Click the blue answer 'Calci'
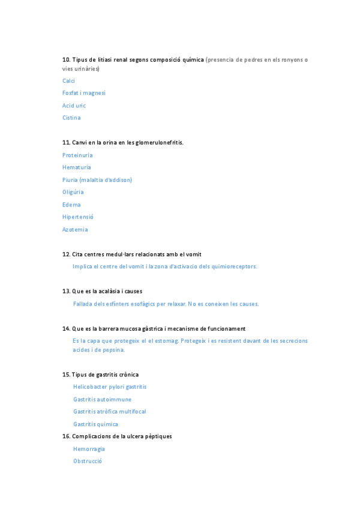pos(68,81)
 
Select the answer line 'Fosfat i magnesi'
pos(84,93)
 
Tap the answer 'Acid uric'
pos(74,106)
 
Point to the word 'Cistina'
pos(71,118)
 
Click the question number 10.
pos(66,59)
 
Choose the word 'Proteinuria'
pos(77,155)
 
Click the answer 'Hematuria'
pos(77,167)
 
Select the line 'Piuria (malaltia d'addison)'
pos(97,180)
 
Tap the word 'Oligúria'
pos(73,192)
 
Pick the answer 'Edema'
pos(71,205)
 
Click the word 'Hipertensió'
pos(78,217)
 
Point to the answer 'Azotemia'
pos(75,229)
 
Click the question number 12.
pos(66,254)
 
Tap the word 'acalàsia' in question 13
pos(103,291)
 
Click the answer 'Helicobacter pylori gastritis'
pos(110,387)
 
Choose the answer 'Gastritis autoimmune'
pos(102,399)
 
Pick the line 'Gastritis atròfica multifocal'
pos(109,412)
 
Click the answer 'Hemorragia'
pos(89,449)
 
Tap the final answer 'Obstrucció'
pos(88,461)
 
